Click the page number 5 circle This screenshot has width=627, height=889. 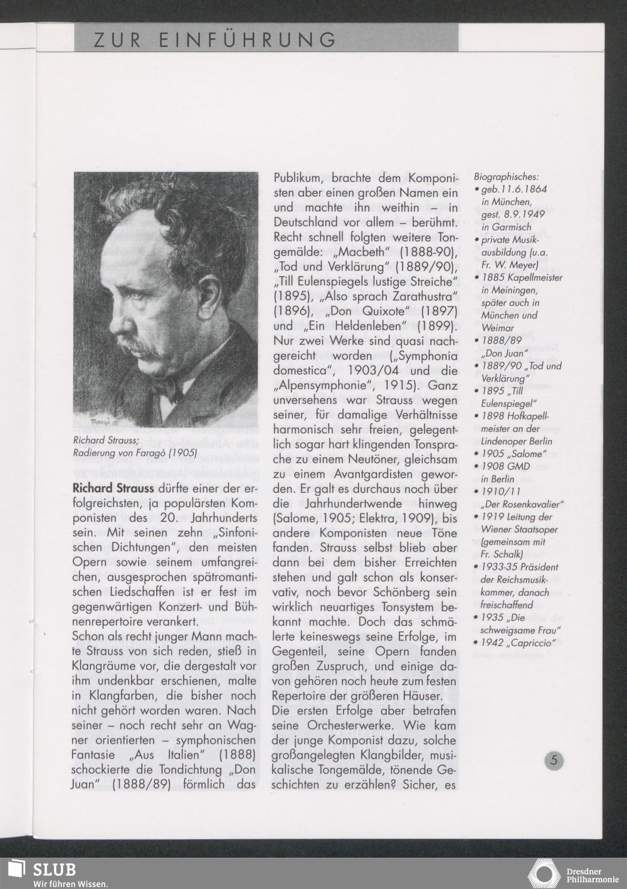click(554, 760)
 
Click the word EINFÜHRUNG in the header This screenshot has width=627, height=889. click(247, 41)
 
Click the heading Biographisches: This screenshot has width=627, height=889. click(506, 177)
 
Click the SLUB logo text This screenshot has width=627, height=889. click(55, 870)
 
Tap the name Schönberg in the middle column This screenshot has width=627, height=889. click(406, 592)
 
